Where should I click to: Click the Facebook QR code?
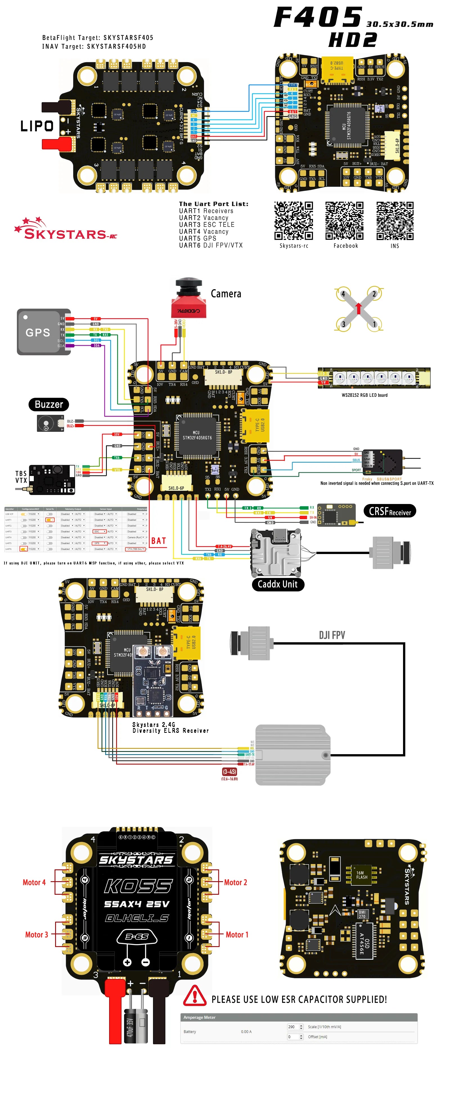pyautogui.click(x=344, y=221)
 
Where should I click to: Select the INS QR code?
pyautogui.click(x=395, y=221)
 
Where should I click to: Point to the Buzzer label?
pyautogui.click(x=49, y=404)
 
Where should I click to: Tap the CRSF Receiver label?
pyautogui.click(x=390, y=511)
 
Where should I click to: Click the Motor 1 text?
pyautogui.click(x=237, y=935)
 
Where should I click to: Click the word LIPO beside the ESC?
pyautogui.click(x=37, y=126)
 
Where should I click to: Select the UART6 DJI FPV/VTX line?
pyautogui.click(x=210, y=245)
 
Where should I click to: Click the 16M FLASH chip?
pyautogui.click(x=362, y=875)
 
